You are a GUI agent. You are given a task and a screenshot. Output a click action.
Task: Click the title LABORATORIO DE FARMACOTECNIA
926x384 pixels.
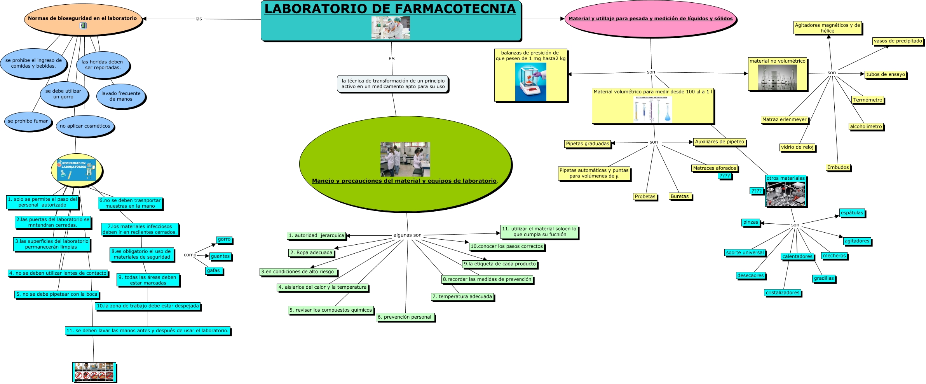[390, 9]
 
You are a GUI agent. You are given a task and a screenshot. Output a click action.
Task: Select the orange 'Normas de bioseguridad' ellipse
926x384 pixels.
[82, 19]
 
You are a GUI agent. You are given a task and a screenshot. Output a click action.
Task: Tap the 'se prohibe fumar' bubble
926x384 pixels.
[28, 121]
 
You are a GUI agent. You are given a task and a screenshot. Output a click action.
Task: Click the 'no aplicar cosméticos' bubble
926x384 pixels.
[85, 126]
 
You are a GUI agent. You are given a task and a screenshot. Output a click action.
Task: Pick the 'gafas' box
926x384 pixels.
[213, 271]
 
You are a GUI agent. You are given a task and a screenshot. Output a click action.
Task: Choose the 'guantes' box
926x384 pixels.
[220, 256]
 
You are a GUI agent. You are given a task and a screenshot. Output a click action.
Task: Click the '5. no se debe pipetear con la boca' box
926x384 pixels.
[57, 294]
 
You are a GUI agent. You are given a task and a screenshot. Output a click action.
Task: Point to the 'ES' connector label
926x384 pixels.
[391, 59]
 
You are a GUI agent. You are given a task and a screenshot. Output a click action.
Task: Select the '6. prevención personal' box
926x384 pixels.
[405, 317]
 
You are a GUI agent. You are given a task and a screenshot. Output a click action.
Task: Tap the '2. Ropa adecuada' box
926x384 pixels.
[311, 252]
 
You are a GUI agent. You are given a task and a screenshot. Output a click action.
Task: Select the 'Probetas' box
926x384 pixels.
[645, 196]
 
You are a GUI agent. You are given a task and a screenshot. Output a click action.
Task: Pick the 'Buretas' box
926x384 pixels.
[680, 196]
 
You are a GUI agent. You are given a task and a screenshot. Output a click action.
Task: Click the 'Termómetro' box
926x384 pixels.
[868, 100]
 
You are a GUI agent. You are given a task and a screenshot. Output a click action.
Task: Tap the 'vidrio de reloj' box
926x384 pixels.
[797, 147]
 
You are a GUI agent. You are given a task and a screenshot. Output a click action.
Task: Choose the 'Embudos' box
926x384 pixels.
[838, 167]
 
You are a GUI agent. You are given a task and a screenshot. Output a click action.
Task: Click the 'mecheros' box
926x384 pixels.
[834, 256]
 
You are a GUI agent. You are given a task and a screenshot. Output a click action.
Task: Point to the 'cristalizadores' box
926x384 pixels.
[783, 293]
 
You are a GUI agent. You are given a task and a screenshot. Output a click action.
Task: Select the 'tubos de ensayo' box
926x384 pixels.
[886, 74]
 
